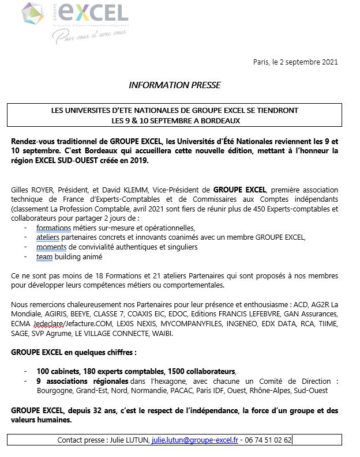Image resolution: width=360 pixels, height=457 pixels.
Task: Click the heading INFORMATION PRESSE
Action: point(174,85)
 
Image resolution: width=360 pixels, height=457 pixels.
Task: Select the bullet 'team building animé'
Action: point(69,256)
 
